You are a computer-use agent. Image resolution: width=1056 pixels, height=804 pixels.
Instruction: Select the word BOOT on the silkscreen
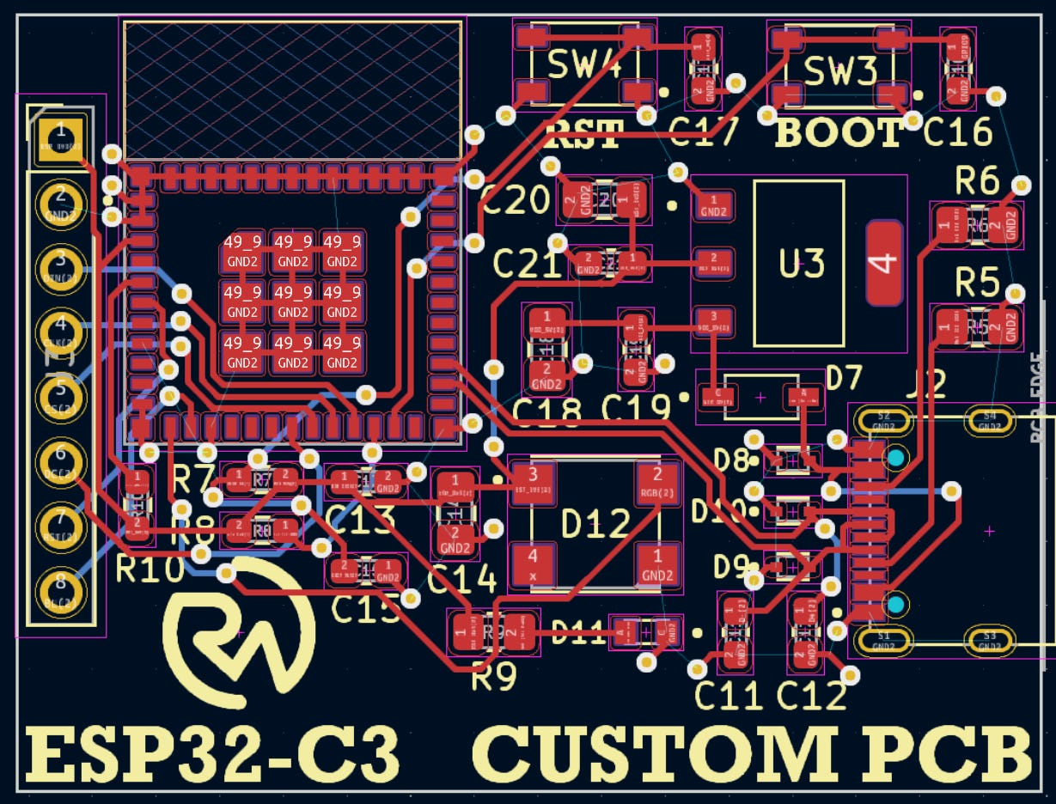pyautogui.click(x=839, y=133)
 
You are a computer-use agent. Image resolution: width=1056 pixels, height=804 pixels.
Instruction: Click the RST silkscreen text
pyautogui.click(x=583, y=135)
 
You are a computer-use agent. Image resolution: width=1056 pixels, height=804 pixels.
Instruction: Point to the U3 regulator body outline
pyautogui.click(x=799, y=263)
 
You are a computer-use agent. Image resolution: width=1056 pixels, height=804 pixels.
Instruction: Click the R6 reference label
pyautogui.click(x=977, y=182)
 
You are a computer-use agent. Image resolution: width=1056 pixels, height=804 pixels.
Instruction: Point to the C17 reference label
pyautogui.click(x=703, y=132)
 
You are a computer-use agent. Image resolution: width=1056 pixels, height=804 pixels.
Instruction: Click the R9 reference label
pyautogui.click(x=494, y=678)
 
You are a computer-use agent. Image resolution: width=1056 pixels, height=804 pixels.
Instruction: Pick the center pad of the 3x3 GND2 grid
pyautogui.click(x=293, y=301)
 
